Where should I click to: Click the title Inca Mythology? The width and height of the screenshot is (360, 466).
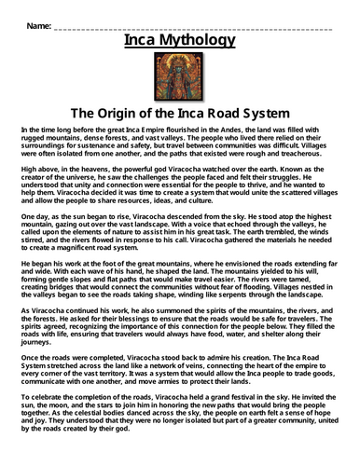click(x=179, y=42)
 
